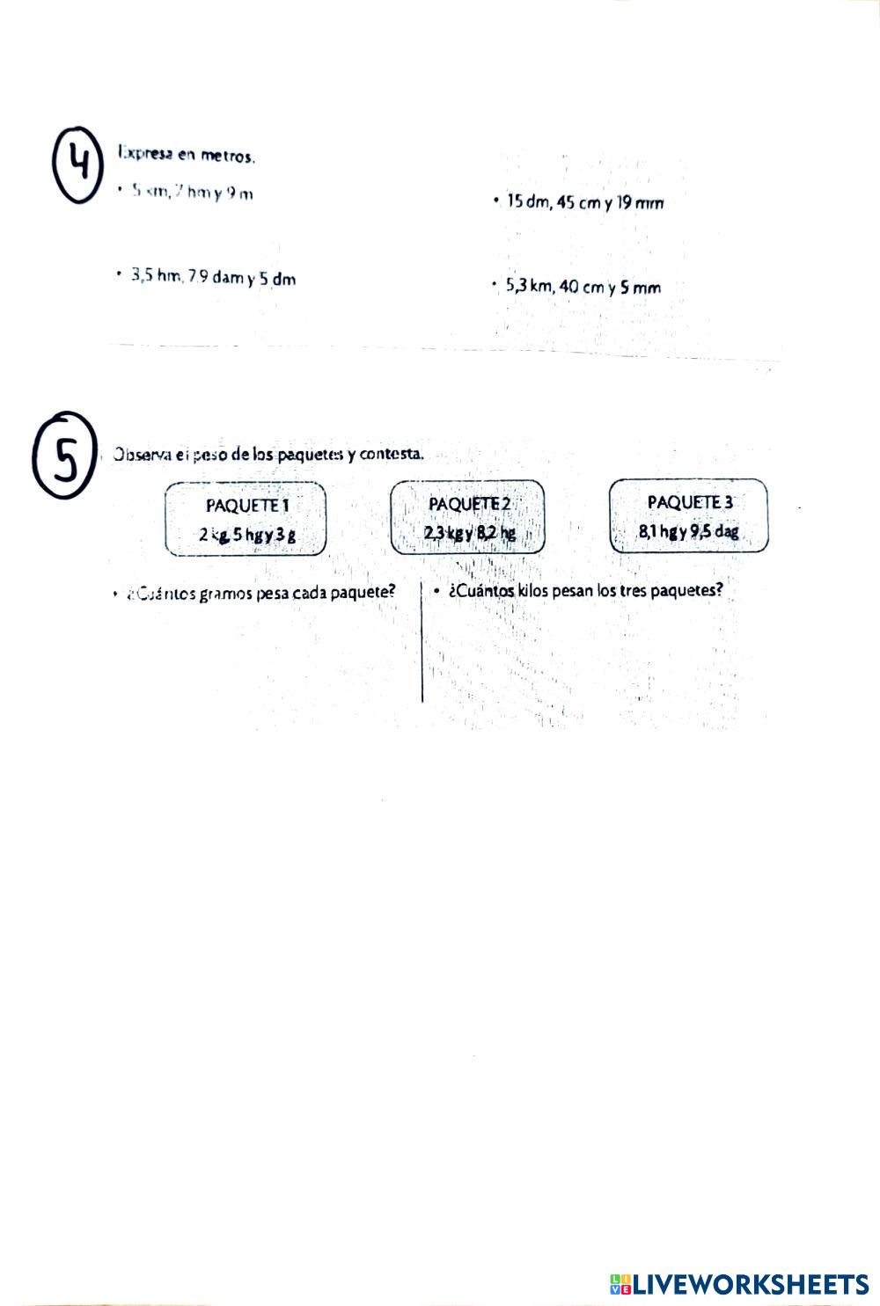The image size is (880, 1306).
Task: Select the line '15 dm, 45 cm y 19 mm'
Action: point(584,203)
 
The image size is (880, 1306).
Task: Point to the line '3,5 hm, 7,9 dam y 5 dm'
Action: point(213,278)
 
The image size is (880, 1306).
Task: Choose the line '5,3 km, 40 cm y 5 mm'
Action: point(583,287)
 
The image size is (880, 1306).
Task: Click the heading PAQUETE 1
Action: point(247,506)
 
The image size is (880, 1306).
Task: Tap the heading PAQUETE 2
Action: point(469,504)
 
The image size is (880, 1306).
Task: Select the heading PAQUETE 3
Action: point(690,502)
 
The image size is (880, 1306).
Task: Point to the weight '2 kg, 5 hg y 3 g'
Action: point(246,534)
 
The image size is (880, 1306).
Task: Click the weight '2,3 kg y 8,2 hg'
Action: point(469,533)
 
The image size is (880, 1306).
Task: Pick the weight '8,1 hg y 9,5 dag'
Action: point(689,532)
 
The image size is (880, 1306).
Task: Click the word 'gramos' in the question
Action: point(226,593)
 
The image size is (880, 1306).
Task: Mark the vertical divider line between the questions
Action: point(422,642)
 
